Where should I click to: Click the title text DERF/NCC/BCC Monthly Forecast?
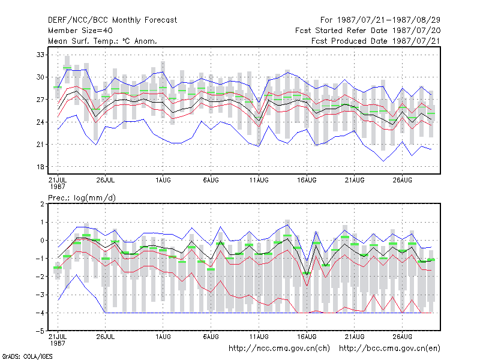coord(112,20)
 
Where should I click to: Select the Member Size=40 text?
coord(80,31)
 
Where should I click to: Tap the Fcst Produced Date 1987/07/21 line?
coord(376,41)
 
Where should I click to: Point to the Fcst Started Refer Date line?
coord(368,31)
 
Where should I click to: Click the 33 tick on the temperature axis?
coord(40,55)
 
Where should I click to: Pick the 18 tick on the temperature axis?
coord(40,167)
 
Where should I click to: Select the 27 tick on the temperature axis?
coord(40,100)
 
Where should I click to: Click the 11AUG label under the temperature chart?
coord(259,180)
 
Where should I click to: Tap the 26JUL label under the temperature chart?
coord(106,180)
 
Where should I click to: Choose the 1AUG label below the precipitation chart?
coord(163,337)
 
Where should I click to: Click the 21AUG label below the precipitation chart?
coord(355,337)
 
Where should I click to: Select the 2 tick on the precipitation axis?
coord(42,204)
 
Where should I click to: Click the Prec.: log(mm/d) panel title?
coord(82,198)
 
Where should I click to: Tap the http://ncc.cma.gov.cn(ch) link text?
coord(279,349)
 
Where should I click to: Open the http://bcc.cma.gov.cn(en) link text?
coord(389,349)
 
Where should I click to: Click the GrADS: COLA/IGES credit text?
coord(27,356)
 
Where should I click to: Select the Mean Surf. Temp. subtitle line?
coord(103,41)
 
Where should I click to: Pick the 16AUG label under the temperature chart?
coord(307,180)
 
